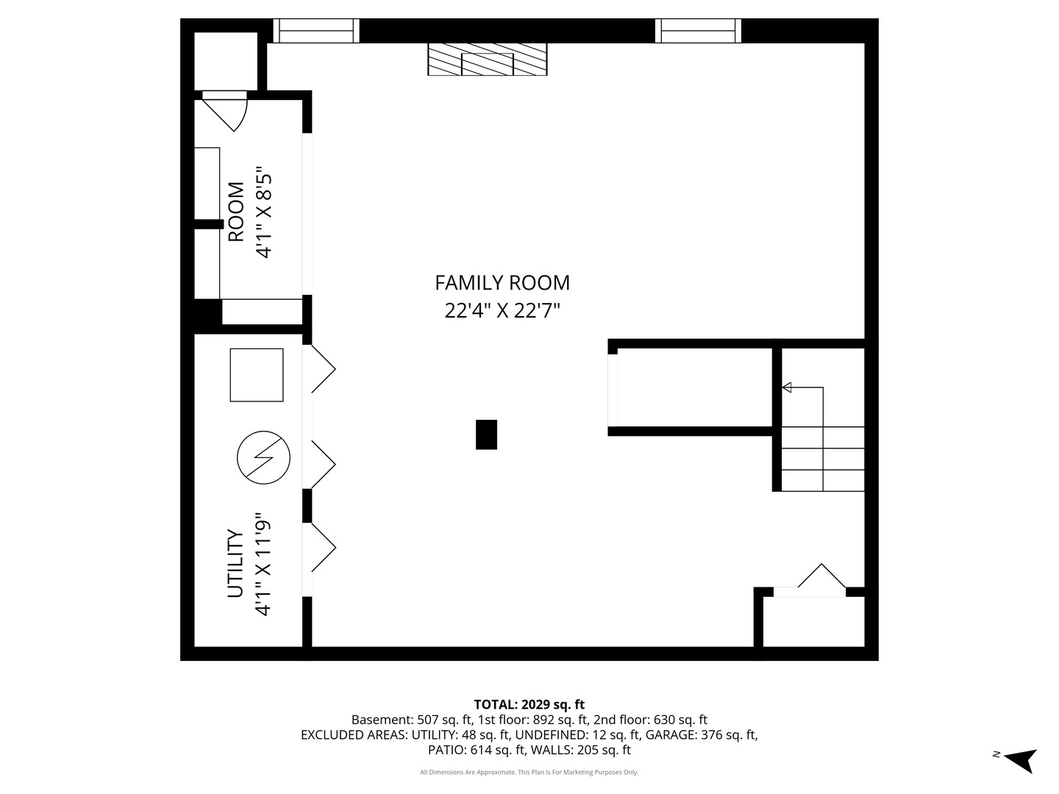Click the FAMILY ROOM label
coord(502,283)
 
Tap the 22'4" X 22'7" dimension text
coord(502,311)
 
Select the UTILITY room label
coord(235,564)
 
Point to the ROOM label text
coord(236,212)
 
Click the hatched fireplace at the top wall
coord(488,60)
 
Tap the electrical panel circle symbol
coord(263,457)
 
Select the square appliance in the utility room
coord(257,375)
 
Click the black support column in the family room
coord(486,434)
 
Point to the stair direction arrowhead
coord(786,387)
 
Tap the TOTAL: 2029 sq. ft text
coord(529,705)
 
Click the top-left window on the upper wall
coord(316,31)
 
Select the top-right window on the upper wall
coord(698,31)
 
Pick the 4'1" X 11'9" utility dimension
coord(263,564)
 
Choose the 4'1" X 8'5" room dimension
coord(264,212)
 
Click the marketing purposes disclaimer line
coord(529,772)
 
